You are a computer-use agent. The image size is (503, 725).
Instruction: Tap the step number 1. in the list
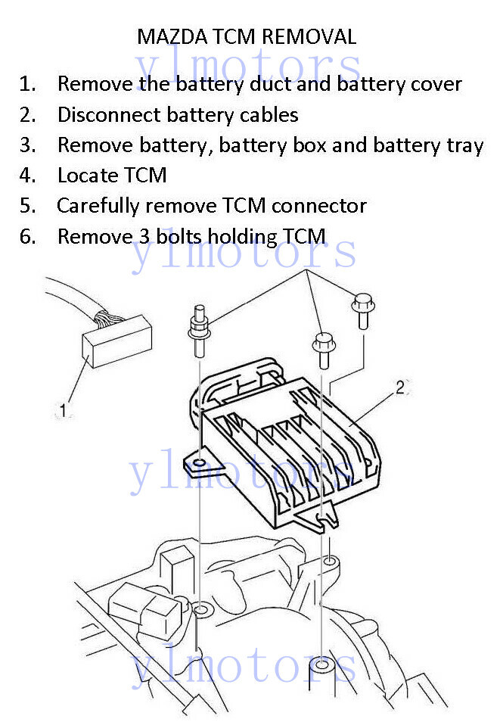pos(28,84)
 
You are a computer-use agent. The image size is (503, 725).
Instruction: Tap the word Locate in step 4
pos(83,176)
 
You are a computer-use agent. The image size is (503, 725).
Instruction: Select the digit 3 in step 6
pos(144,237)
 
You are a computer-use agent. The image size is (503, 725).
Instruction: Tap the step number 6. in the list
pos(28,237)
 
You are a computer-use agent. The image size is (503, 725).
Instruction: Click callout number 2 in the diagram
pos(400,388)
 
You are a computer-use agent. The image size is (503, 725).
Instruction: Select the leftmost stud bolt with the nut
pos(199,331)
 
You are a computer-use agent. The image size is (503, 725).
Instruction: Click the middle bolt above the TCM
pos(321,347)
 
